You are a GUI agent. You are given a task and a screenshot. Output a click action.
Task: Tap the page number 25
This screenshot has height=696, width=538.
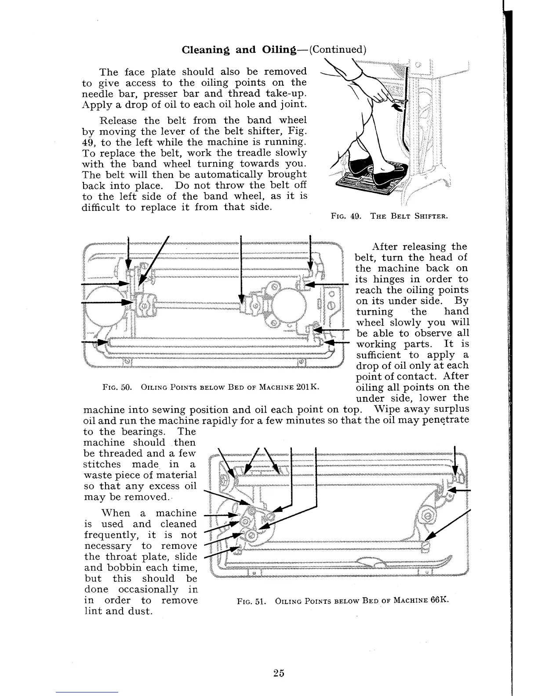coord(278,673)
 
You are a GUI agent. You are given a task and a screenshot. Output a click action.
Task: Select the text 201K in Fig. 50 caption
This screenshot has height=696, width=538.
coord(307,387)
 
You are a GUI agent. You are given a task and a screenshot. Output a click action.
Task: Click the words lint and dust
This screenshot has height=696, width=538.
coord(118,611)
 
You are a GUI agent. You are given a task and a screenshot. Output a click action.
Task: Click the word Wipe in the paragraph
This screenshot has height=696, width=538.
coord(387,410)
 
